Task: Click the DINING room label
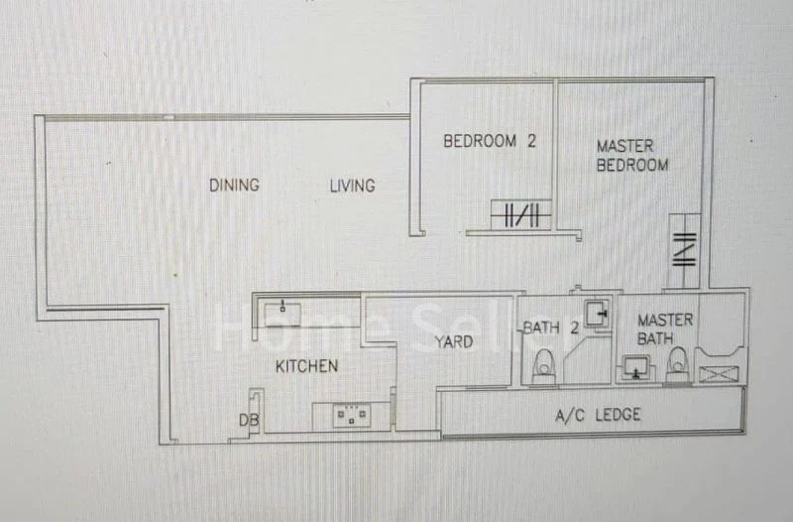(x=234, y=185)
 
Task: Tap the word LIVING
(x=352, y=186)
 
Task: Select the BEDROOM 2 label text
(x=489, y=141)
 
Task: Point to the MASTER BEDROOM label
(x=632, y=156)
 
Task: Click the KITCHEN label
(x=306, y=366)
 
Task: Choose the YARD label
(x=453, y=342)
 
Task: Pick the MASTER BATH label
(x=665, y=329)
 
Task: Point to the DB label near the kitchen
(x=248, y=421)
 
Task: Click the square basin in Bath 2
(x=596, y=314)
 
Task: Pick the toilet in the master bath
(x=677, y=367)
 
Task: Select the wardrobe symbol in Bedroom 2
(x=521, y=215)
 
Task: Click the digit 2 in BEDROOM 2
(x=530, y=141)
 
